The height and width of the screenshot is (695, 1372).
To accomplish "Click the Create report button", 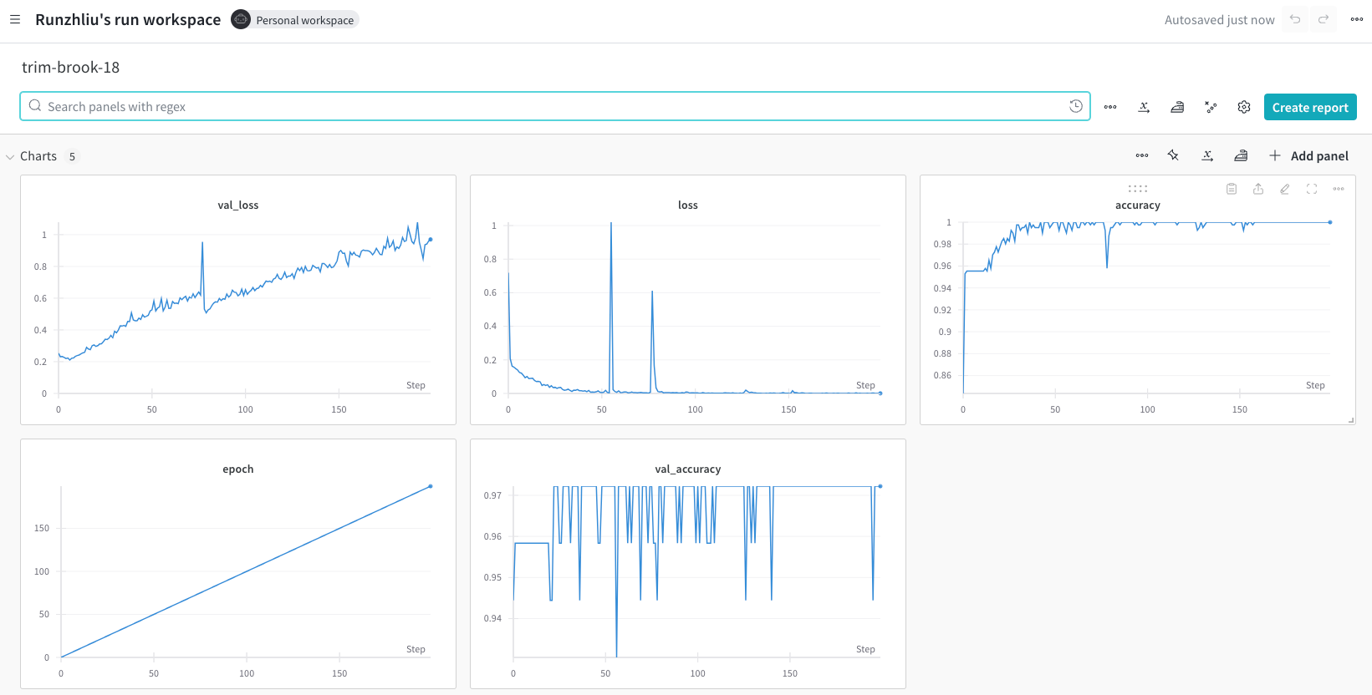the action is pos(1310,107).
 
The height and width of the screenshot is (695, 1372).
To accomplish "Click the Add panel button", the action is pos(1308,156).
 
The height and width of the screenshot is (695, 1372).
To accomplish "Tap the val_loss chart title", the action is pos(237,205).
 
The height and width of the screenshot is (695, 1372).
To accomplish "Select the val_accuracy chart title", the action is pos(687,469).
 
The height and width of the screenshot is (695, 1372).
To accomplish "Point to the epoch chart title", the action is pos(237,469).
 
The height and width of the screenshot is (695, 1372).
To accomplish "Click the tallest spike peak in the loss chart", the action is pos(610,223).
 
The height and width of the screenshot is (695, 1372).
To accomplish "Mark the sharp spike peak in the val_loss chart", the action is pos(202,243).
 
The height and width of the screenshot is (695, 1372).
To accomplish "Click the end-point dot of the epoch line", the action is pos(431,486).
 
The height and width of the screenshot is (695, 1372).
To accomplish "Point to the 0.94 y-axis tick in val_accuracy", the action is pos(492,618).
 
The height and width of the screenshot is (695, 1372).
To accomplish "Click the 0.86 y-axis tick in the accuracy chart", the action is pos(942,375).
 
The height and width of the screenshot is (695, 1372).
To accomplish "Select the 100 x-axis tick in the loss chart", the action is pos(695,409).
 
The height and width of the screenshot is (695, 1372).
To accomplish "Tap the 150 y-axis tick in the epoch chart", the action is pos(42,528).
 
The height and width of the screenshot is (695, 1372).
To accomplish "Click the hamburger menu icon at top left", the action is pos(15,19).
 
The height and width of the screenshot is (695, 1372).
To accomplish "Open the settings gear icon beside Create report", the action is pos(1243,107).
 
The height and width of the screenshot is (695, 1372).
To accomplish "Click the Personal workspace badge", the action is pos(294,19).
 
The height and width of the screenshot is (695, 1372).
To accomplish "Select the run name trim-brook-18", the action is pos(70,67).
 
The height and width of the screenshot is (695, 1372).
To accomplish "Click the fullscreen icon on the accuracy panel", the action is pos(1311,189).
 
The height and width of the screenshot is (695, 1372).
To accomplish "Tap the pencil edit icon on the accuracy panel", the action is pos(1284,189).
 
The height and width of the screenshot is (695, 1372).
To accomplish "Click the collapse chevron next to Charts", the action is pos(10,156).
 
